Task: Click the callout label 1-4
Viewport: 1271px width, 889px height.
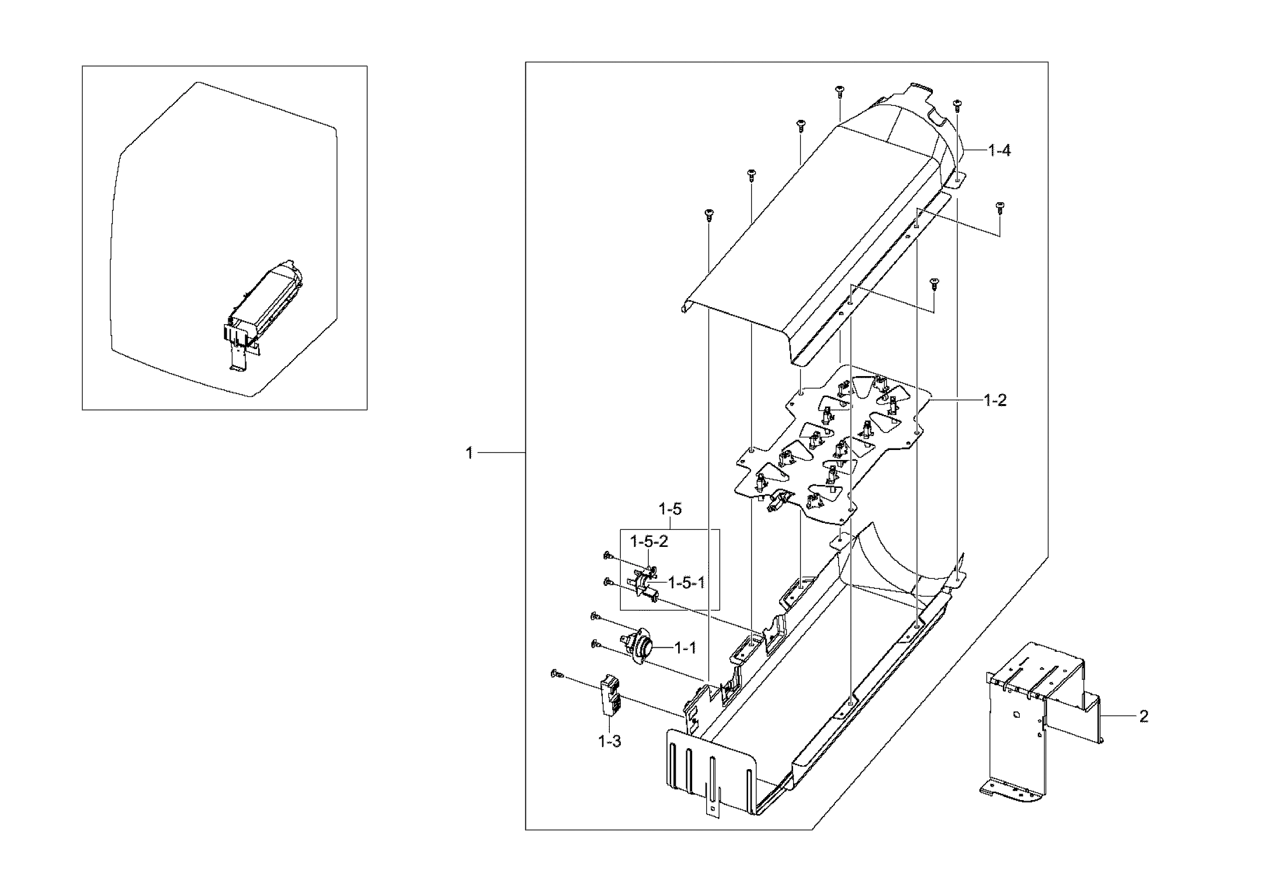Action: tap(999, 150)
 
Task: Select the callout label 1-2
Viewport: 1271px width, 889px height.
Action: tap(995, 400)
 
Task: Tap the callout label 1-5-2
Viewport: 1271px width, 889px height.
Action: tap(649, 541)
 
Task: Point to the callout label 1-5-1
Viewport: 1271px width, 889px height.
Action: tap(686, 583)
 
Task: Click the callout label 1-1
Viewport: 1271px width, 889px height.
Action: tap(685, 648)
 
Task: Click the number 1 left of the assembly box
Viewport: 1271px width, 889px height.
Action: tap(469, 453)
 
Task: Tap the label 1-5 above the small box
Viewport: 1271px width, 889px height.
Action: tap(670, 509)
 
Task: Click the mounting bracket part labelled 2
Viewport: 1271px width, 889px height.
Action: tap(1030, 720)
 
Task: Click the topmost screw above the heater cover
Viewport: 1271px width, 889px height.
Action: tap(839, 90)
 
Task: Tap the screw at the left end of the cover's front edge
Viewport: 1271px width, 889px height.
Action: tap(708, 214)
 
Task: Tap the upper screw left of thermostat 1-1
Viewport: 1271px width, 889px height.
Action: tap(596, 616)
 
